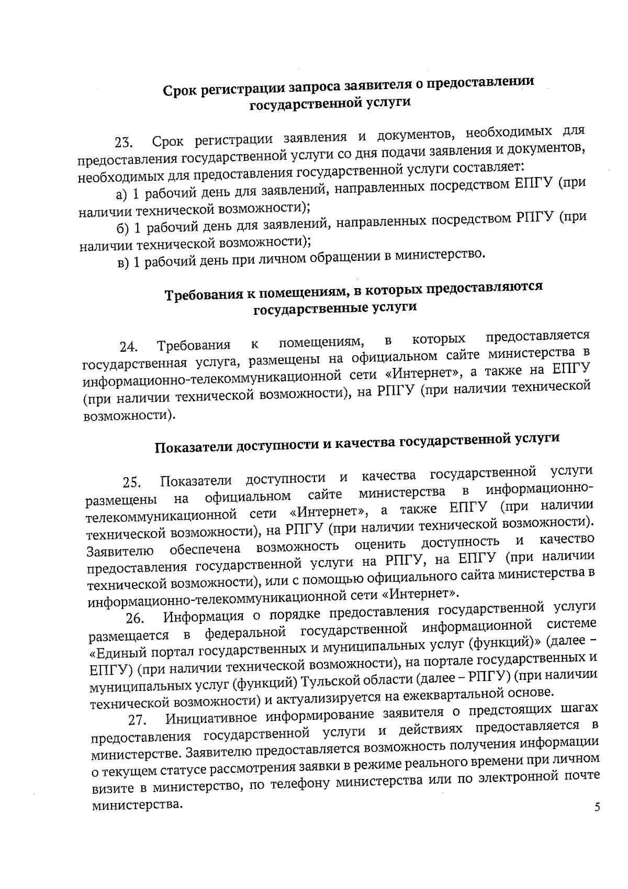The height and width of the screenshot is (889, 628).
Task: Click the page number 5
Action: (x=597, y=822)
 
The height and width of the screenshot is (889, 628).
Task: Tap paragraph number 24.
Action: (x=129, y=347)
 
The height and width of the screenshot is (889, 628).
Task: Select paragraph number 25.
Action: (x=132, y=481)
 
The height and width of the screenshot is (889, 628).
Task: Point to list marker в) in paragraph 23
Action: (x=123, y=263)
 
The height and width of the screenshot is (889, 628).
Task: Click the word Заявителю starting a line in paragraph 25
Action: (x=120, y=552)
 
